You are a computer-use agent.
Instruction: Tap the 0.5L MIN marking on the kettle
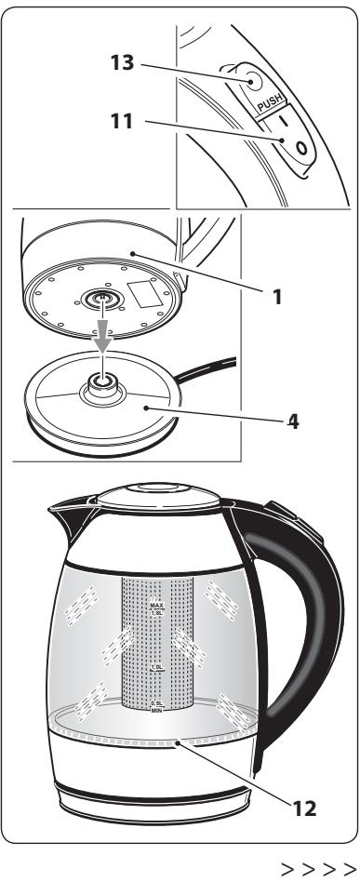pyautogui.click(x=156, y=706)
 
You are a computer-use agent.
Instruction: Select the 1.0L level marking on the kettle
pyautogui.click(x=156, y=668)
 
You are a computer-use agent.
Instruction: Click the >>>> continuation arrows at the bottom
pyautogui.click(x=330, y=870)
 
